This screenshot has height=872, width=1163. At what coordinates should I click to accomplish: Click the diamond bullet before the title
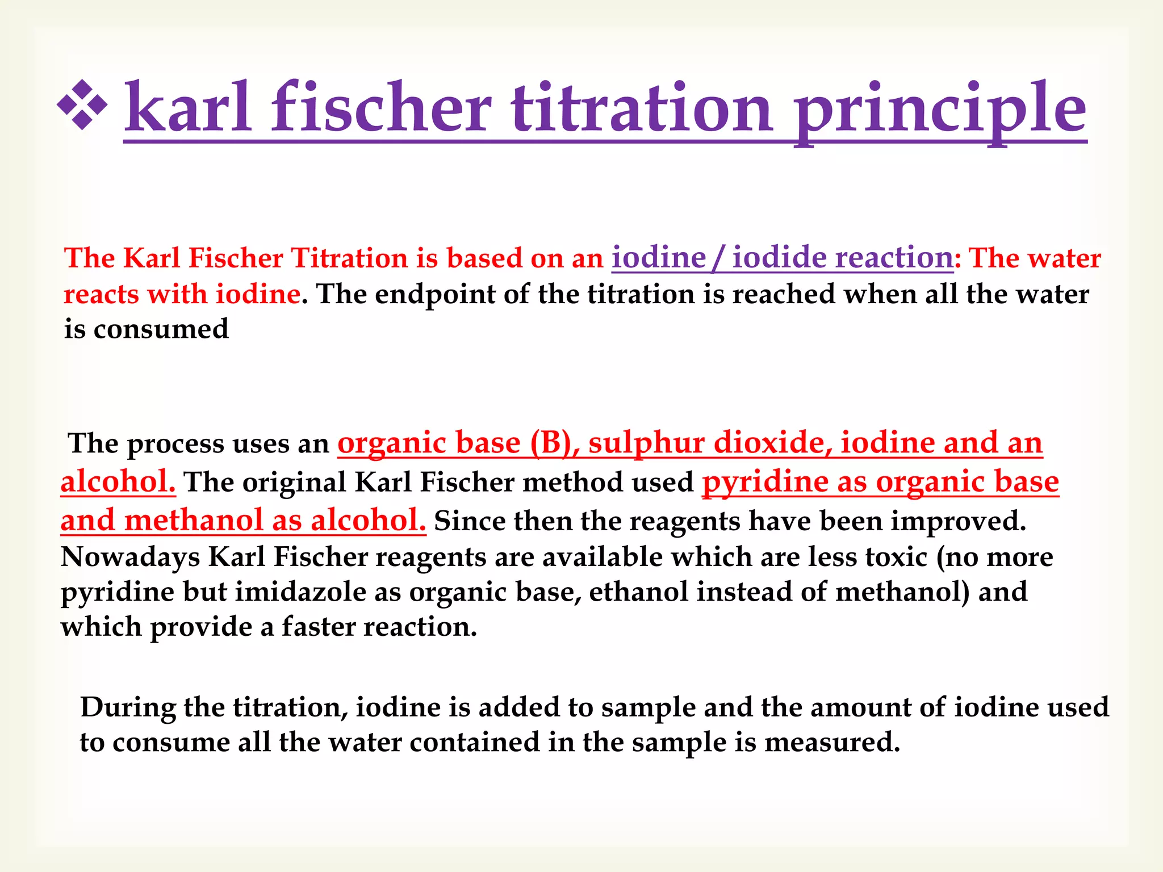click(82, 106)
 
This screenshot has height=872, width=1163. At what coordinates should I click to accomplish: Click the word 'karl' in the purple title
click(187, 108)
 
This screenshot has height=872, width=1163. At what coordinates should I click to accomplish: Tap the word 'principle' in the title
click(940, 111)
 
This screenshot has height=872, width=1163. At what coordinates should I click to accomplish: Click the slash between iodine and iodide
click(718, 258)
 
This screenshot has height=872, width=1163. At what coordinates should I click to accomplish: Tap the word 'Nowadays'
click(130, 557)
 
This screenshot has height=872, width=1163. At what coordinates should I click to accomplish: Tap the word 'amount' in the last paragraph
click(860, 707)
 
